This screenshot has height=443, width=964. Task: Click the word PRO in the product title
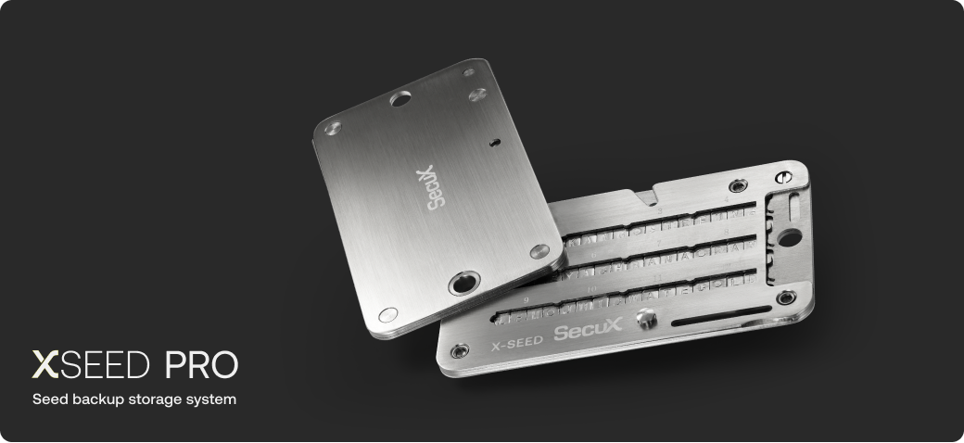pyautogui.click(x=201, y=366)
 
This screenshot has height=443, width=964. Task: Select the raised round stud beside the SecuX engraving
pyautogui.click(x=647, y=321)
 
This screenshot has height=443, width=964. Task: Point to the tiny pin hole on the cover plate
pyautogui.click(x=495, y=142)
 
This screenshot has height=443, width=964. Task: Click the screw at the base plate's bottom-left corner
pyautogui.click(x=459, y=350)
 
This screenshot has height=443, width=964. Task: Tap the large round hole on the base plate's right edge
pyautogui.click(x=789, y=238)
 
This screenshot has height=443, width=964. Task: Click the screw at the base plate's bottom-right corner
pyautogui.click(x=786, y=297)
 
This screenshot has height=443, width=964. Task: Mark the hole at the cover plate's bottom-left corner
pyautogui.click(x=387, y=314)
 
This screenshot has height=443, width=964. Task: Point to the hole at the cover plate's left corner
pyautogui.click(x=333, y=127)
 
